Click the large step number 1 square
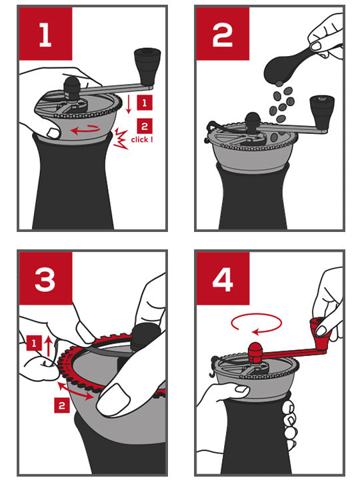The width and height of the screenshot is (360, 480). (x=45, y=34)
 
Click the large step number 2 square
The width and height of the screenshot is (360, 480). (x=223, y=34)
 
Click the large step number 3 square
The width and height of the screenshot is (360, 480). (x=45, y=278)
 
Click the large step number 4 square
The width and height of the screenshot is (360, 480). (x=223, y=278)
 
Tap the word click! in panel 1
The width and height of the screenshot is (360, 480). (x=142, y=139)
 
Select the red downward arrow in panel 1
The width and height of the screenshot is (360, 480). (x=129, y=104)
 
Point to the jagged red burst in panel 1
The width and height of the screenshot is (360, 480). (x=121, y=139)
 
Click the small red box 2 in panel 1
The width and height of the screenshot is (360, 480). (x=145, y=126)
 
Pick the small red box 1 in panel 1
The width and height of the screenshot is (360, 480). (x=145, y=103)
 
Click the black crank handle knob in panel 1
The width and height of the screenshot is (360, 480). (x=147, y=67)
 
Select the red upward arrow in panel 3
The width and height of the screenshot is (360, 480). (x=48, y=346)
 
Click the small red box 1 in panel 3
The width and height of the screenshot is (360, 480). (x=34, y=343)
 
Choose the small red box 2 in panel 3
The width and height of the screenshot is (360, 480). (x=62, y=405)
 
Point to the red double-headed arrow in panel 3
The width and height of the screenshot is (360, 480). (x=75, y=391)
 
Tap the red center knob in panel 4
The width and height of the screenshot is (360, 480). (x=255, y=352)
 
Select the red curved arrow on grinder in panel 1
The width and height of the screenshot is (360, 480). (x=85, y=130)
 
